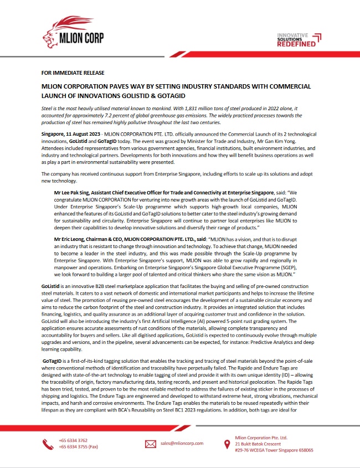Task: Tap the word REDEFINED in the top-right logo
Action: click(x=297, y=43)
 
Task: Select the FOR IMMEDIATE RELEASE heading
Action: click(x=73, y=73)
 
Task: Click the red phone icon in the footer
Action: click(x=48, y=444)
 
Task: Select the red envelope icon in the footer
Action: click(x=151, y=444)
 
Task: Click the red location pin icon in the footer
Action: click(x=227, y=444)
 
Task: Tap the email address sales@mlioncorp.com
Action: click(x=182, y=444)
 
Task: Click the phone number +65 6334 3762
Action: click(x=73, y=441)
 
